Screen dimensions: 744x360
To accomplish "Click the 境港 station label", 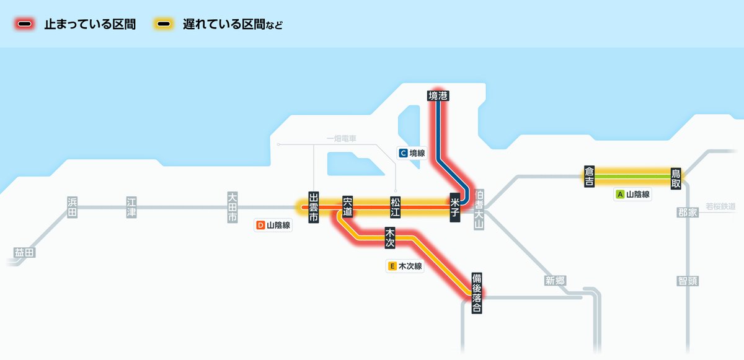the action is point(438,95).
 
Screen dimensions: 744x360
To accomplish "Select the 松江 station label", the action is point(395,207).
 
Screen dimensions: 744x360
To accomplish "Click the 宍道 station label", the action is point(347,207).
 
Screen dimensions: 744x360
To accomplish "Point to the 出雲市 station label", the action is point(314,207).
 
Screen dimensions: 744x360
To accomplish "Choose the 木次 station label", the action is point(390,238).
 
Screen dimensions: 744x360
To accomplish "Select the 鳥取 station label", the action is point(676,178).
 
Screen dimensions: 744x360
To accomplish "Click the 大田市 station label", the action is point(232,207).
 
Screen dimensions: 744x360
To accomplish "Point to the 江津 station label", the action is point(131,207).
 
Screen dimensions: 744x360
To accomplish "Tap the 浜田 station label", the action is point(73,207).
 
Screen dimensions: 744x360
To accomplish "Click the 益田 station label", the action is point(25,253).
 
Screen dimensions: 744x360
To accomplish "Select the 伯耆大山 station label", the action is point(478,209).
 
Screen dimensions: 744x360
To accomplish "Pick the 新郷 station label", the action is point(555,280).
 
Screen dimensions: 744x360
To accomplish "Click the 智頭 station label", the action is point(688,281).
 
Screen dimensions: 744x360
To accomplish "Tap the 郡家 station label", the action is point(688,213).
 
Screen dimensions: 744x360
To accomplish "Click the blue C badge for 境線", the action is point(403,153).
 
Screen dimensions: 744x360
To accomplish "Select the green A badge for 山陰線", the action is point(619,194).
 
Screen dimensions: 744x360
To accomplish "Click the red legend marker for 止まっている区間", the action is point(25,25).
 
